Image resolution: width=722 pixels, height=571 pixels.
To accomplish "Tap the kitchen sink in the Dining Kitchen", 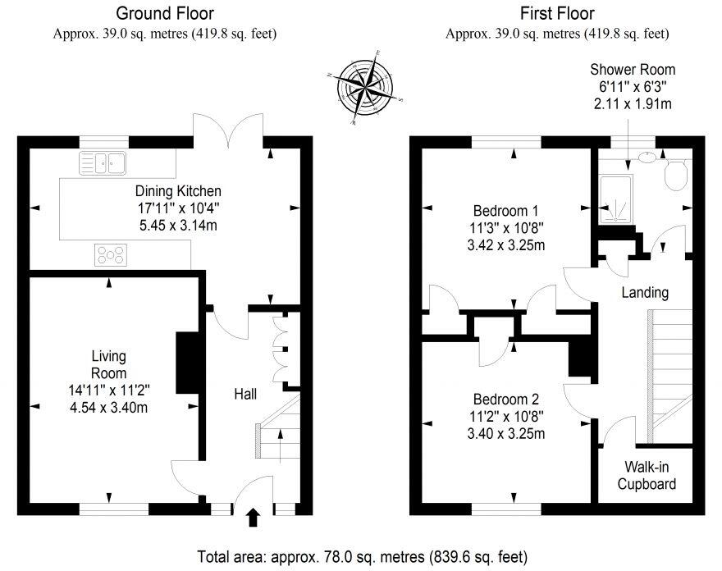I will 103,163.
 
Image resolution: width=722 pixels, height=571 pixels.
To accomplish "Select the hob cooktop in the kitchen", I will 111,254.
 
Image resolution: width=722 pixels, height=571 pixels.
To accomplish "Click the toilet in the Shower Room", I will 674,174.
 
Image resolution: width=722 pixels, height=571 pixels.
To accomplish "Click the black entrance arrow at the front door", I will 253,516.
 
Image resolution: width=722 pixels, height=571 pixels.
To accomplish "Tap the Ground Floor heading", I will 165,13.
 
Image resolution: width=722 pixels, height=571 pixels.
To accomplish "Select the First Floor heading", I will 557,13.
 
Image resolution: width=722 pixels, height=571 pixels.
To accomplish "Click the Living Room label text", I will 108,364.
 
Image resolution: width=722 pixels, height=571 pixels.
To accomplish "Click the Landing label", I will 644,292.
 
